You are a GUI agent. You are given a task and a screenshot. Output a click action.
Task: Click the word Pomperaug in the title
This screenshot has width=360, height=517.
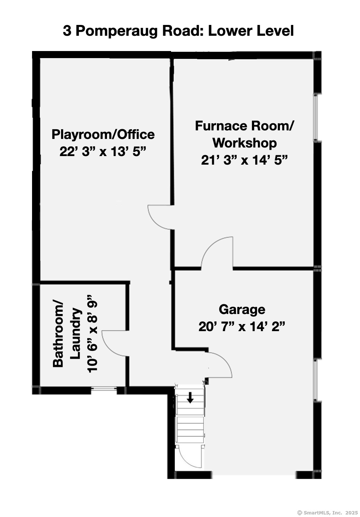[x=117, y=31]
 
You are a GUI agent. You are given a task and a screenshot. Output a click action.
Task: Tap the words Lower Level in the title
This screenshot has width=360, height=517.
[x=250, y=31]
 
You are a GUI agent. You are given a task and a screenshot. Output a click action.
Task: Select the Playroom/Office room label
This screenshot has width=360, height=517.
[x=103, y=134]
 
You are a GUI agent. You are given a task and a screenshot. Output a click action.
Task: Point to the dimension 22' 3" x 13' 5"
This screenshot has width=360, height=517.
[x=103, y=152]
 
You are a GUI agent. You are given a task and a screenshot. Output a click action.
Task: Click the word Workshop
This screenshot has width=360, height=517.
[x=244, y=143]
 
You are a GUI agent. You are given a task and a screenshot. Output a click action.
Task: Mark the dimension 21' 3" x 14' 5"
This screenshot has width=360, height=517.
[x=244, y=160]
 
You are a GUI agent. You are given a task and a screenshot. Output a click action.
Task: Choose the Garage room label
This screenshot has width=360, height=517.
[x=242, y=310]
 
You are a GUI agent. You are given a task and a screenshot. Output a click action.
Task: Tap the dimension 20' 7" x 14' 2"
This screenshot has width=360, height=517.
[x=242, y=327]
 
